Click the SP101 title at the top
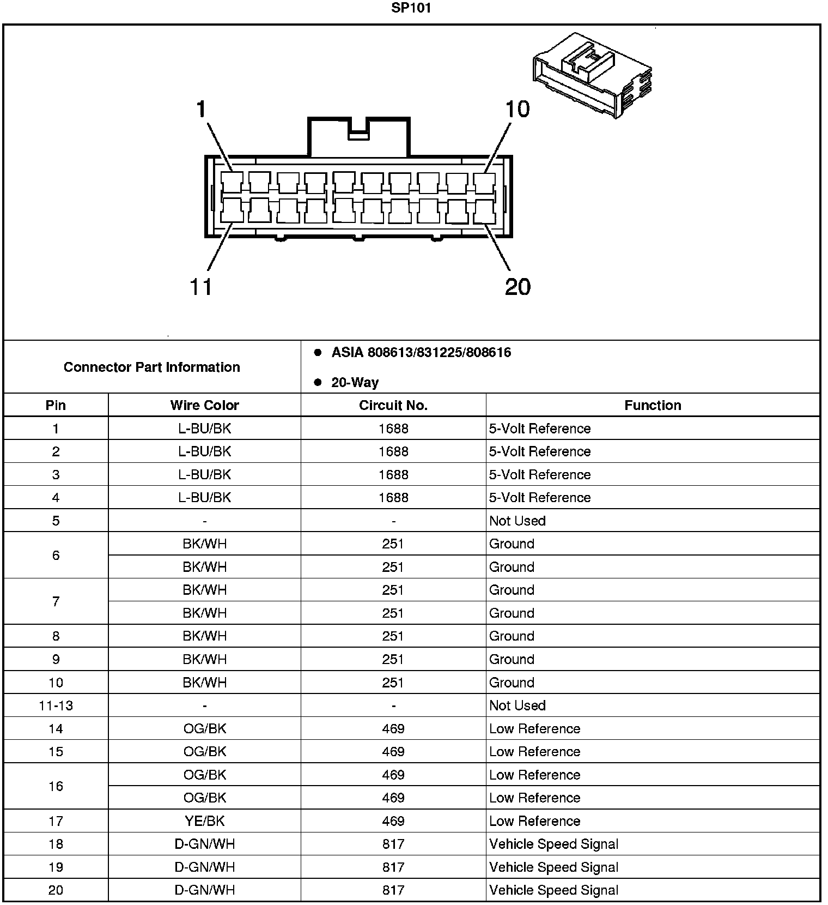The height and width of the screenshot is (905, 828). point(411,8)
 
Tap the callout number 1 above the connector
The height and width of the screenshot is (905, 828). point(202,109)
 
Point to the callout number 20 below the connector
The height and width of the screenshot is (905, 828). point(517,287)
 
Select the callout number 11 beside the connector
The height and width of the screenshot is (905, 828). point(200,287)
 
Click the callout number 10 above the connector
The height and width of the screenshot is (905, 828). point(517,109)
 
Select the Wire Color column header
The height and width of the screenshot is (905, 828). point(204,405)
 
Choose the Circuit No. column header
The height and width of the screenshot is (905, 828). point(393,405)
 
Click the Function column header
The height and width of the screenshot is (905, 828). point(653,405)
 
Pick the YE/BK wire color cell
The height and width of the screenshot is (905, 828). point(204,821)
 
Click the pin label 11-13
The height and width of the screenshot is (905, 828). point(56,705)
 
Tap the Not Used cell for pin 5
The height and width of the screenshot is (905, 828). point(517,521)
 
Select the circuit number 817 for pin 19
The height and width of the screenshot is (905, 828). point(393,867)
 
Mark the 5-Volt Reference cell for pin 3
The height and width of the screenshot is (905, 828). point(539,474)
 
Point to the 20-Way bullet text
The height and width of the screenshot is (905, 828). point(355,382)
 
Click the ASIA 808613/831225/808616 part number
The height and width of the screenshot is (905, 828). point(421,352)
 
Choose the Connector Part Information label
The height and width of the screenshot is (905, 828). point(151,367)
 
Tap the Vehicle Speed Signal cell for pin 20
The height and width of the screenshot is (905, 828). point(553,890)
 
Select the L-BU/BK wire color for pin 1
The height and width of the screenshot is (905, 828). point(204,429)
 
